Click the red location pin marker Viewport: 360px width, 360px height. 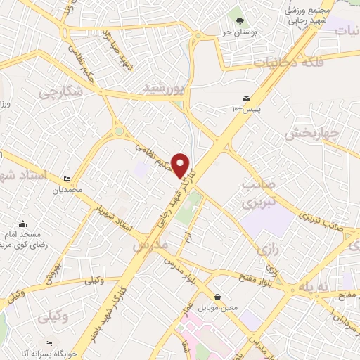coord(181,165)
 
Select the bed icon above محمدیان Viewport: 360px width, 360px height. coord(67,179)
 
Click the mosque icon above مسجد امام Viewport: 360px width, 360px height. coord(24,223)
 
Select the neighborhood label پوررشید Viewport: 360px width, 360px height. coord(164,88)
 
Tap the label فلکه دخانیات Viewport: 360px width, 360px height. coord(292,63)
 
